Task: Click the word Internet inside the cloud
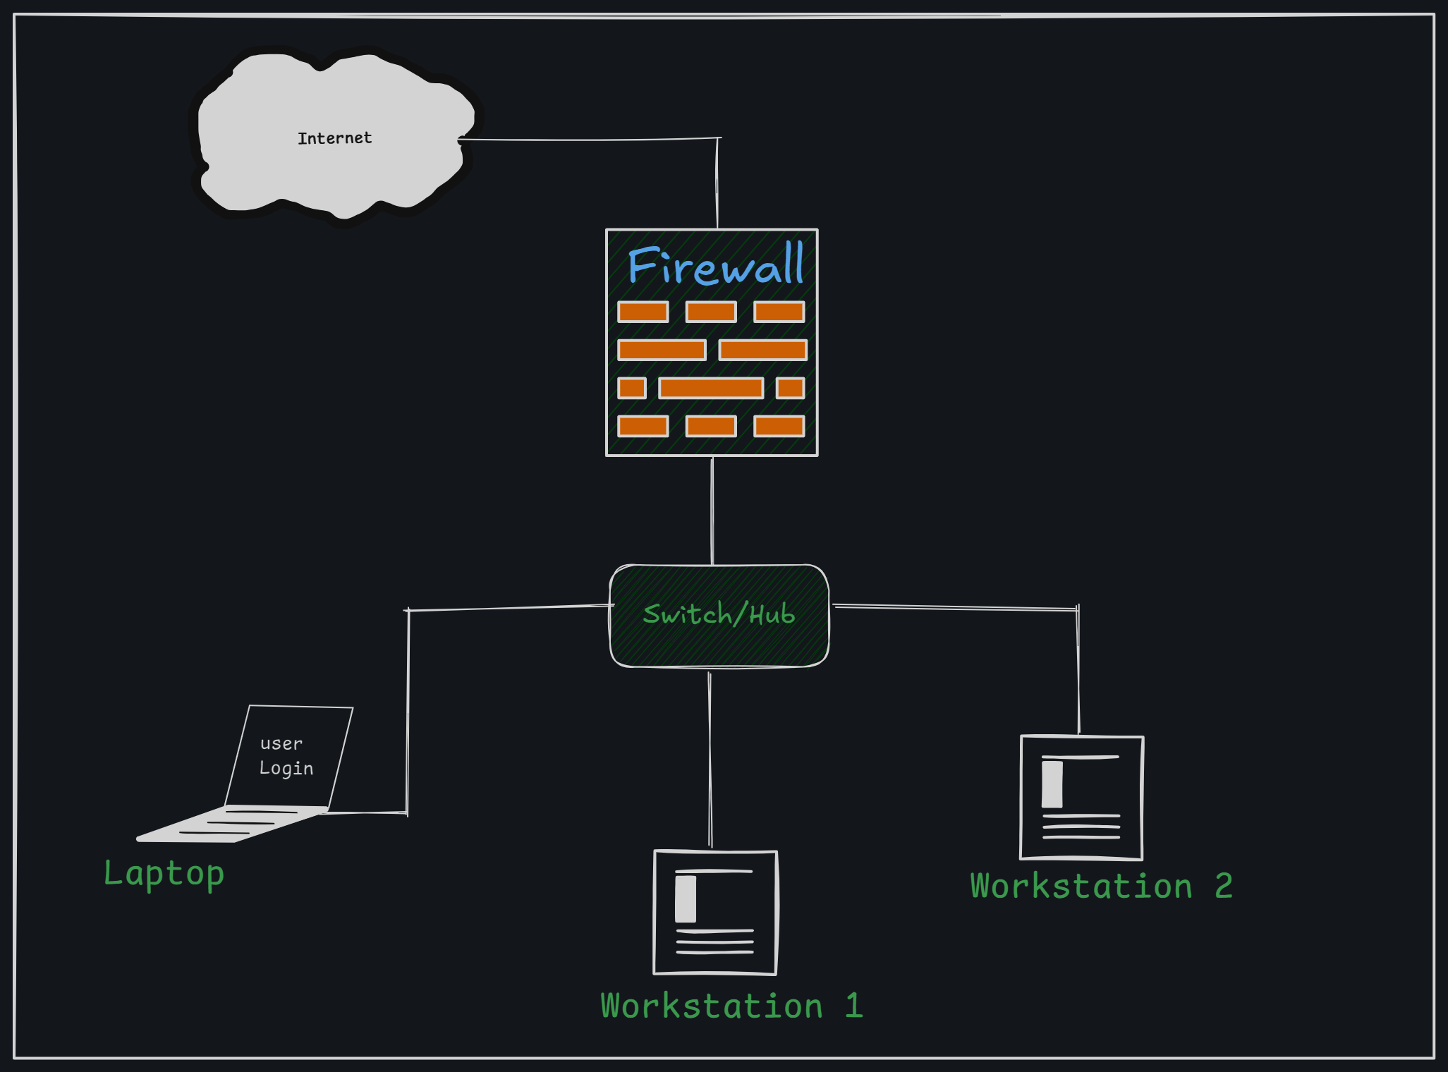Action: click(334, 138)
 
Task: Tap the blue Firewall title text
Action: click(715, 266)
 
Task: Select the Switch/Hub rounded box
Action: click(719, 615)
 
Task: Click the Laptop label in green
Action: click(164, 874)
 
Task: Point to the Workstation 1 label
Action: click(731, 1006)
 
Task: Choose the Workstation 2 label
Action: click(1100, 886)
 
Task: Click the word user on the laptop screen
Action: click(281, 743)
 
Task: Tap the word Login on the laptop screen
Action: click(286, 768)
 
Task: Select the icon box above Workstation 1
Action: click(715, 913)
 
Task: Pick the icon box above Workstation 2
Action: click(1081, 798)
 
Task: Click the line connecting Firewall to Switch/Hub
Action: click(712, 511)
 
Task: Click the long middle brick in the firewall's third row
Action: click(710, 388)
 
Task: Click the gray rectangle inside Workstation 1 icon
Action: click(686, 899)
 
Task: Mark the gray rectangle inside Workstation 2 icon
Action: click(1052, 784)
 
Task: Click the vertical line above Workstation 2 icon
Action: click(1078, 670)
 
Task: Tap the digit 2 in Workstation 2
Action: click(1224, 886)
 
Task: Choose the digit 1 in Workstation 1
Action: click(854, 1006)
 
